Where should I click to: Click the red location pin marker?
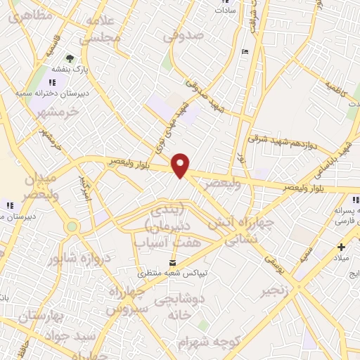coord(181,165)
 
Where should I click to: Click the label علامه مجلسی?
coord(101,30)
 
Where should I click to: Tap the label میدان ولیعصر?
coord(30,184)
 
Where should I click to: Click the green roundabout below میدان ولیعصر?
coord(72,227)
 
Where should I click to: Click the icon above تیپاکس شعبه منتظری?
coord(163,262)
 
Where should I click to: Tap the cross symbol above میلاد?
coord(342,247)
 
